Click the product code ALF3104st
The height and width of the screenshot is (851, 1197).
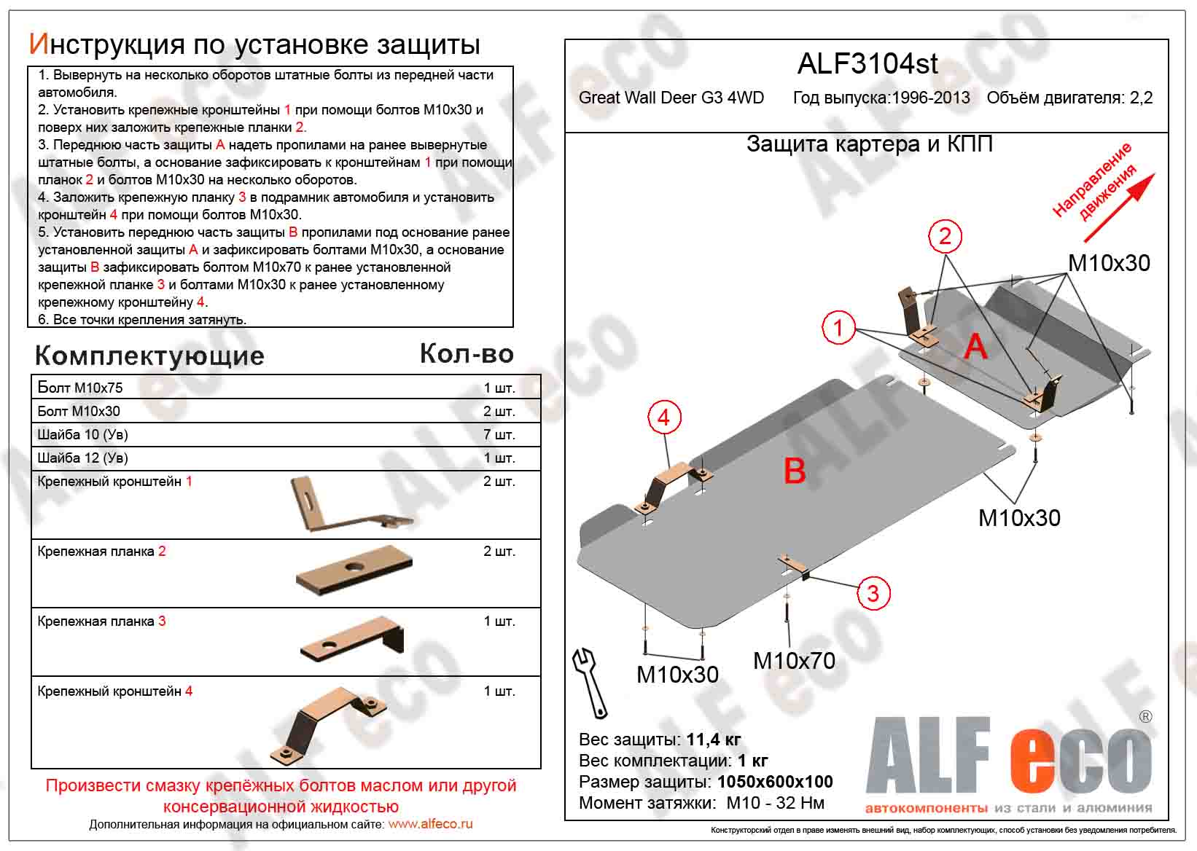click(867, 64)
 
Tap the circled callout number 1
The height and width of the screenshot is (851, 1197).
click(838, 327)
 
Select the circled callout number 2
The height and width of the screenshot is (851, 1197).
click(945, 235)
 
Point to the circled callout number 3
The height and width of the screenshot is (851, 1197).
click(873, 593)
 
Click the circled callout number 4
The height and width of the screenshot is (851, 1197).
click(663, 417)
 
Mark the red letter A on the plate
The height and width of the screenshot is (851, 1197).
click(975, 345)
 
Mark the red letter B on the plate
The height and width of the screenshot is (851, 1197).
click(794, 471)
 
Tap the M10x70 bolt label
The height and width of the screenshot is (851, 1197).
click(794, 661)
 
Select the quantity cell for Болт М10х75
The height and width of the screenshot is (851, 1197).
click(499, 388)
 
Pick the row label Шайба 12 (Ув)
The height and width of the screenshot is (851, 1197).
click(82, 458)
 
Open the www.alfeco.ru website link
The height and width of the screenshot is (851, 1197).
click(430, 824)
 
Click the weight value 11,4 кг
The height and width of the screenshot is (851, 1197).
click(713, 740)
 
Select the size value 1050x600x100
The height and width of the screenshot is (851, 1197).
click(775, 782)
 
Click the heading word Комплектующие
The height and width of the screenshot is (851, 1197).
click(149, 356)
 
